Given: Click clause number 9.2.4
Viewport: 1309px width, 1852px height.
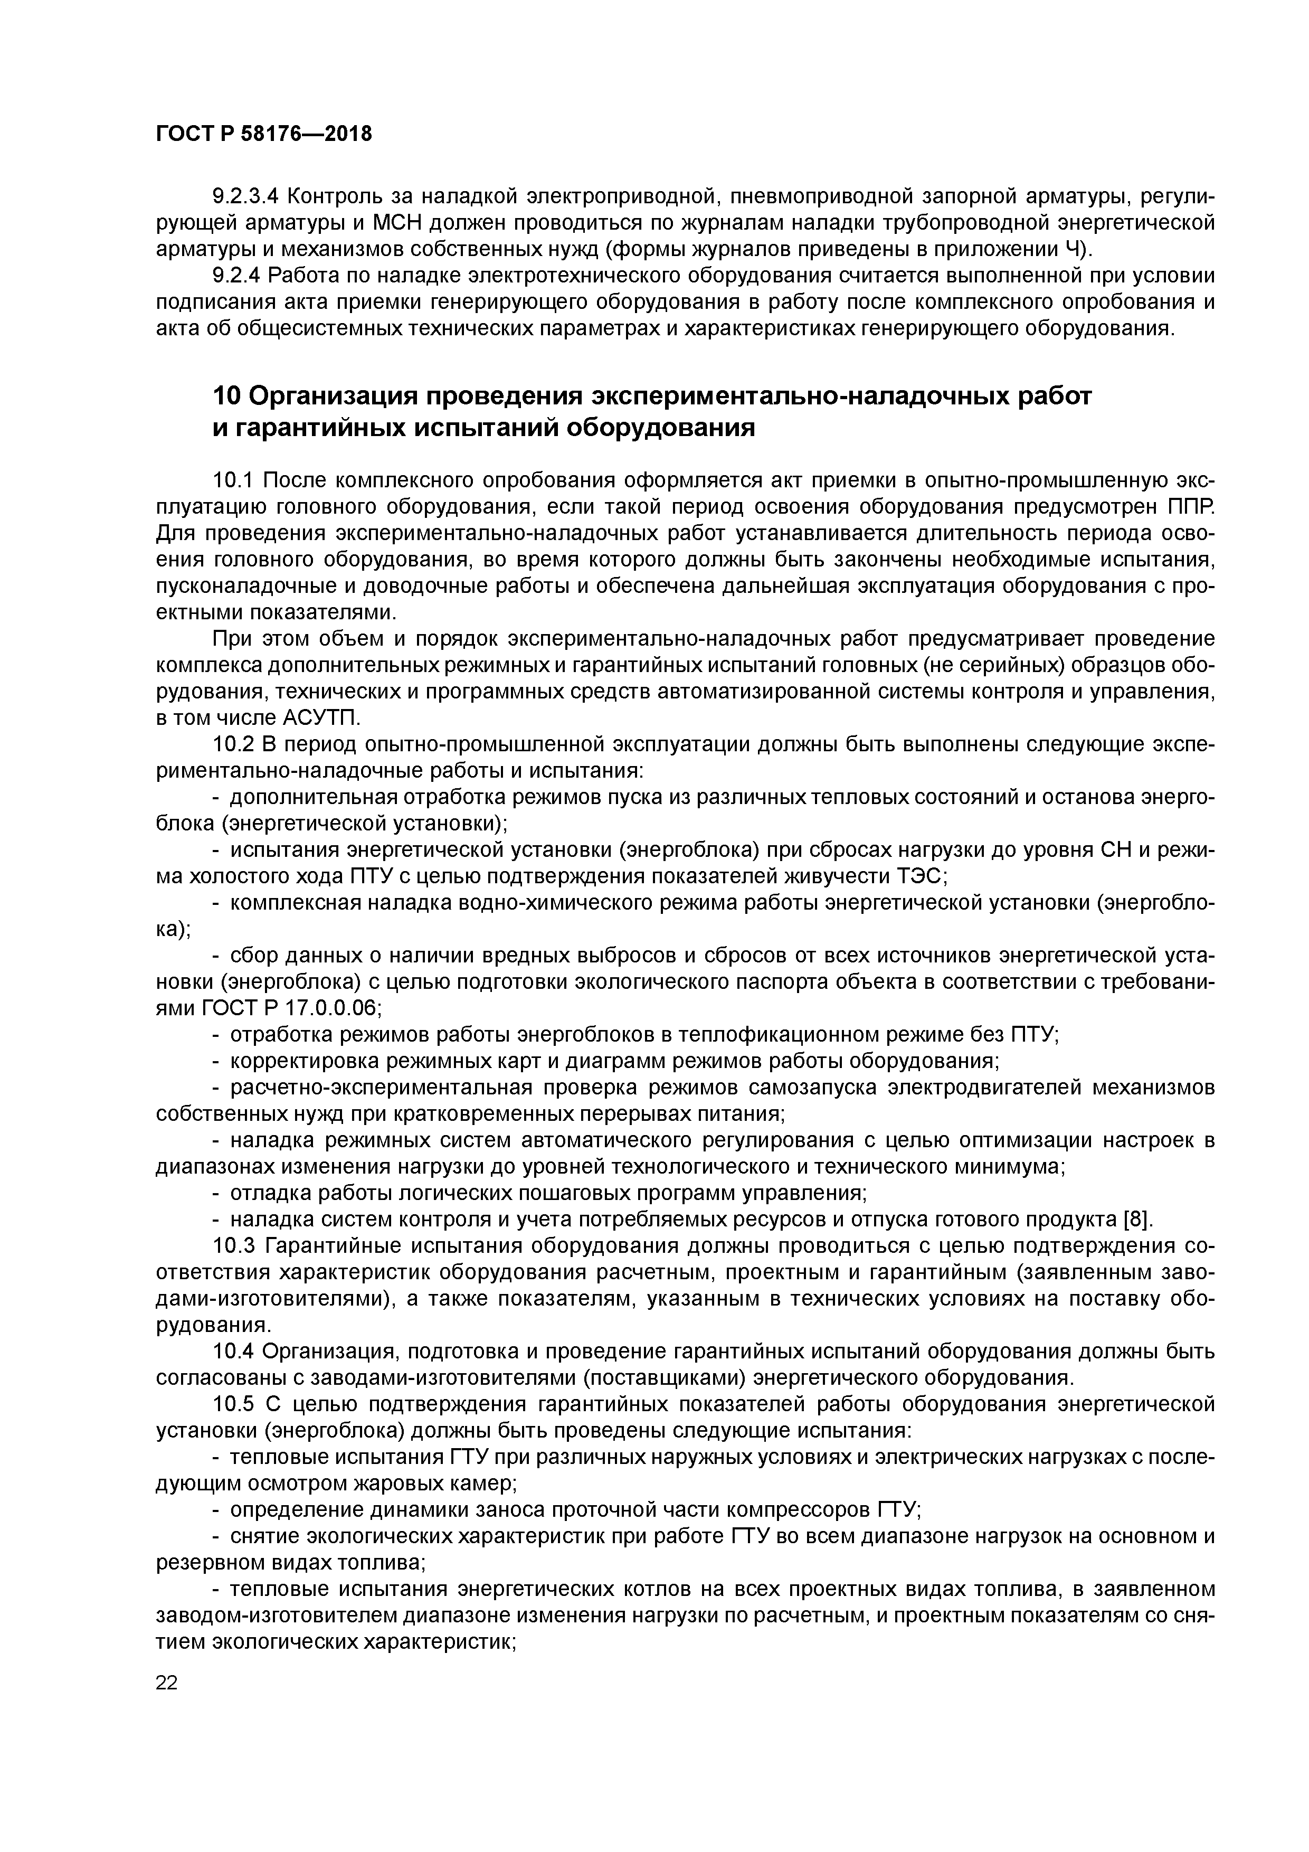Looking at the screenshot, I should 236,276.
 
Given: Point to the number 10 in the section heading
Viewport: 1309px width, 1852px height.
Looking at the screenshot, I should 226,397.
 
